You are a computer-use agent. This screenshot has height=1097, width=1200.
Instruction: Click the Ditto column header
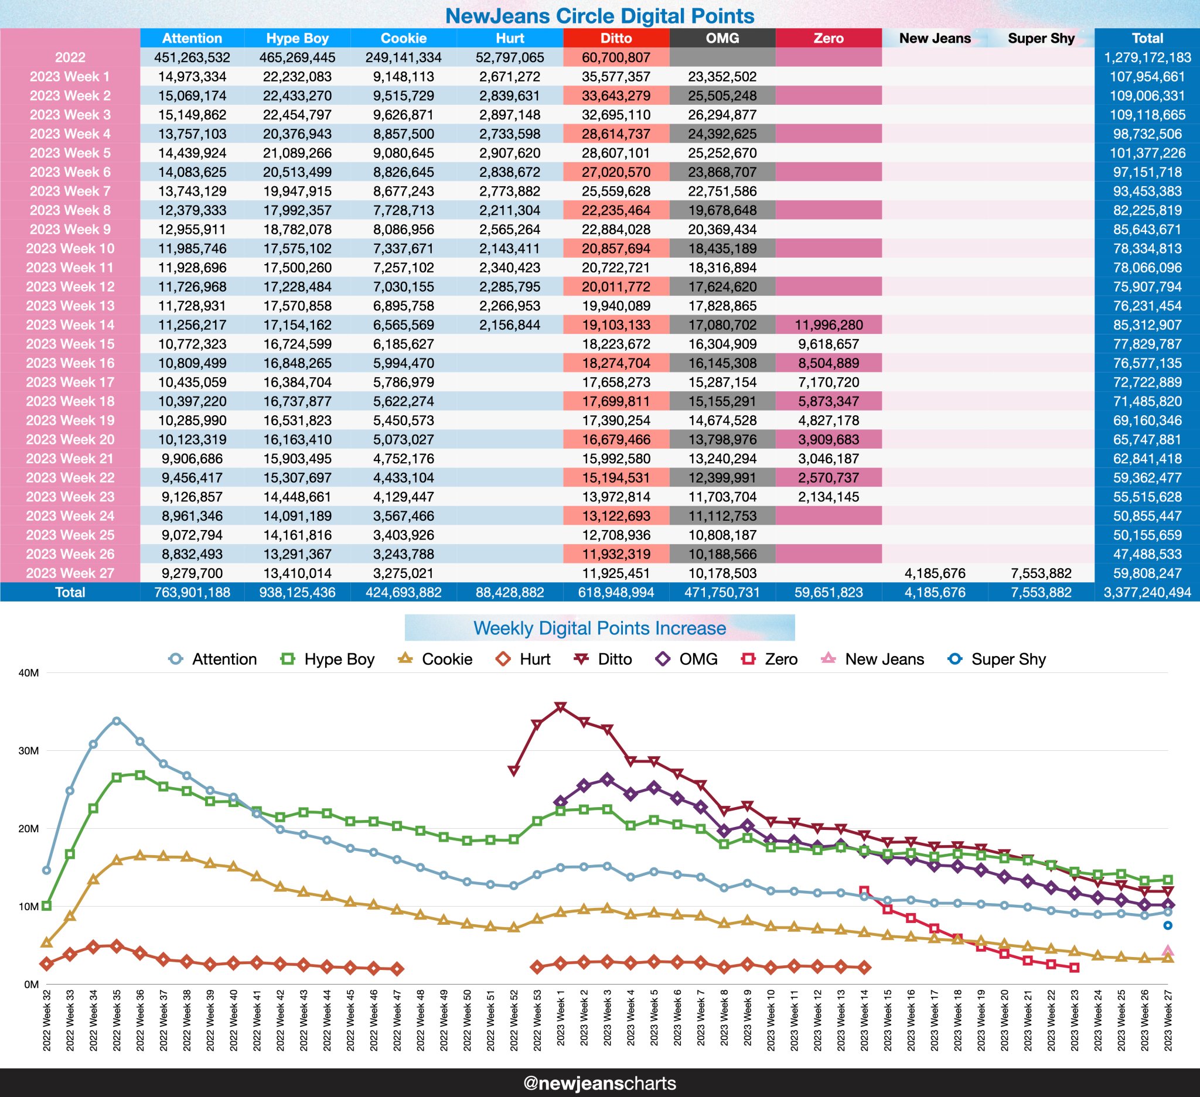tap(615, 38)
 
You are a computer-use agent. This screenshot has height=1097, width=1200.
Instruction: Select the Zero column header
tap(828, 38)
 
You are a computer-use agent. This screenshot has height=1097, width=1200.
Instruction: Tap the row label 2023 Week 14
tap(70, 325)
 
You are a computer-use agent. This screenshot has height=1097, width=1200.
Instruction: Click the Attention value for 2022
tap(192, 58)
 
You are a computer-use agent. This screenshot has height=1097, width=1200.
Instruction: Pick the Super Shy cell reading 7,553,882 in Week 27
tap(1041, 573)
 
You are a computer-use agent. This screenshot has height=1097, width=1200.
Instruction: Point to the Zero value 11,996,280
tap(828, 325)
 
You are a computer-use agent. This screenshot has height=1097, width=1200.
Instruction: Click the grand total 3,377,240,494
tap(1147, 593)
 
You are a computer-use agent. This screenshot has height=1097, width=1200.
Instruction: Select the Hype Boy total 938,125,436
tap(297, 593)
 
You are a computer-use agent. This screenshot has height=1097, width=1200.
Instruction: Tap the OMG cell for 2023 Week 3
tap(722, 115)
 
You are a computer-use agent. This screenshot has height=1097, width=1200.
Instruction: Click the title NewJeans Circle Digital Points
tap(599, 16)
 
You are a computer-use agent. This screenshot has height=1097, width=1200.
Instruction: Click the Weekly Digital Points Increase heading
tap(599, 628)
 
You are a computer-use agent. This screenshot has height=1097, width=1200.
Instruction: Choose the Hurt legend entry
tap(523, 659)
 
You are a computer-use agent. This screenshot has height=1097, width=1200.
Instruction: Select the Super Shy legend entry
tap(997, 659)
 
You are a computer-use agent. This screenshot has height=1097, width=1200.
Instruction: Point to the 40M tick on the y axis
tap(29, 673)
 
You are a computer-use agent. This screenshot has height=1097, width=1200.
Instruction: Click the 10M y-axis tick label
tap(29, 907)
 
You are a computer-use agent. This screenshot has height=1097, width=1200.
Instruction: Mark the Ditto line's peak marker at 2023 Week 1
tap(560, 708)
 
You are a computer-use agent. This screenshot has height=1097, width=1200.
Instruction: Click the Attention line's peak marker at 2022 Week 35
tap(117, 721)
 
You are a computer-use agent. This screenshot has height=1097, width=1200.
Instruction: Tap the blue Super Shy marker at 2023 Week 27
tap(1168, 925)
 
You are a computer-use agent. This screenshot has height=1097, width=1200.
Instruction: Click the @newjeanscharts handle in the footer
tap(599, 1083)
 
